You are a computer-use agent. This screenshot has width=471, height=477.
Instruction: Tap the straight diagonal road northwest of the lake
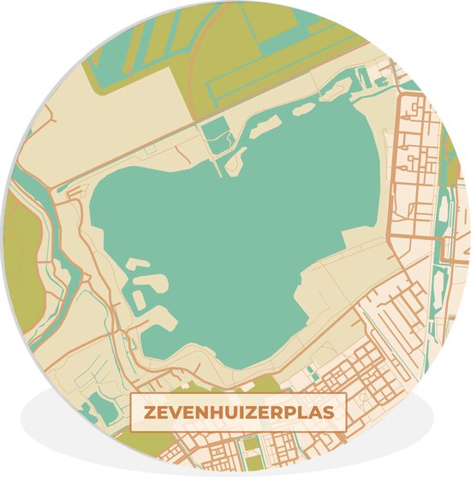click(128, 150)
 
